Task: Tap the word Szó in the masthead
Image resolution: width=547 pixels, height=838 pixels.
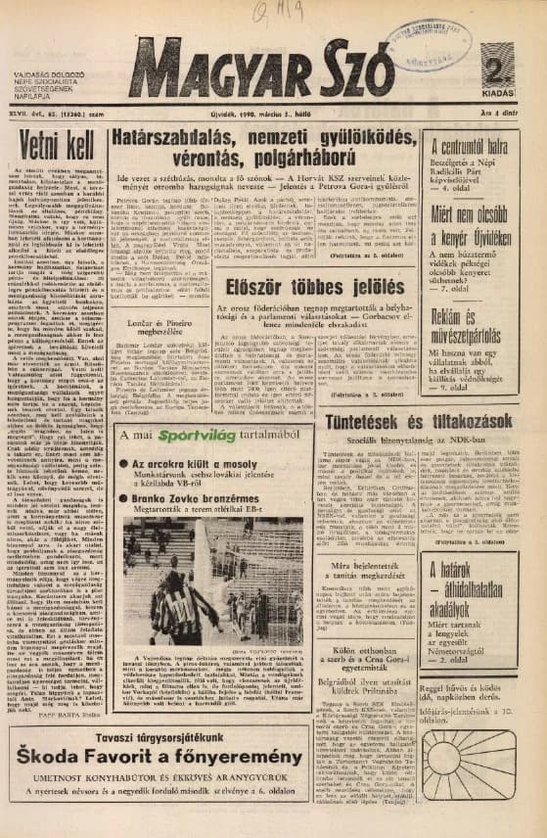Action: click(348, 72)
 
